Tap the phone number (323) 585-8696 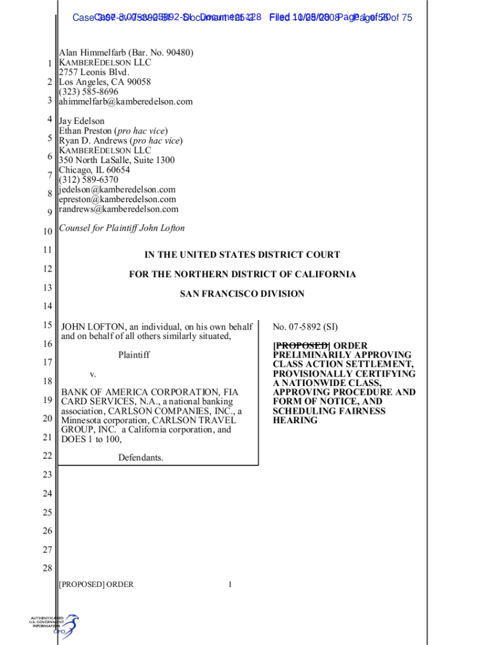[88, 92]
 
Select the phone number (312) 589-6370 [88, 180]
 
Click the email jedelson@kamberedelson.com [117, 190]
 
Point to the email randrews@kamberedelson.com [118, 209]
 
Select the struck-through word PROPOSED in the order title [301, 345]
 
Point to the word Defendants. [140, 457]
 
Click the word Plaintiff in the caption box [134, 355]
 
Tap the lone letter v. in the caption [92, 374]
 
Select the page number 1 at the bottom [231, 585]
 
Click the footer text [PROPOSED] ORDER [96, 585]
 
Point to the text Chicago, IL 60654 [94, 170]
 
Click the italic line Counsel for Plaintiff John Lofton [122, 228]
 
